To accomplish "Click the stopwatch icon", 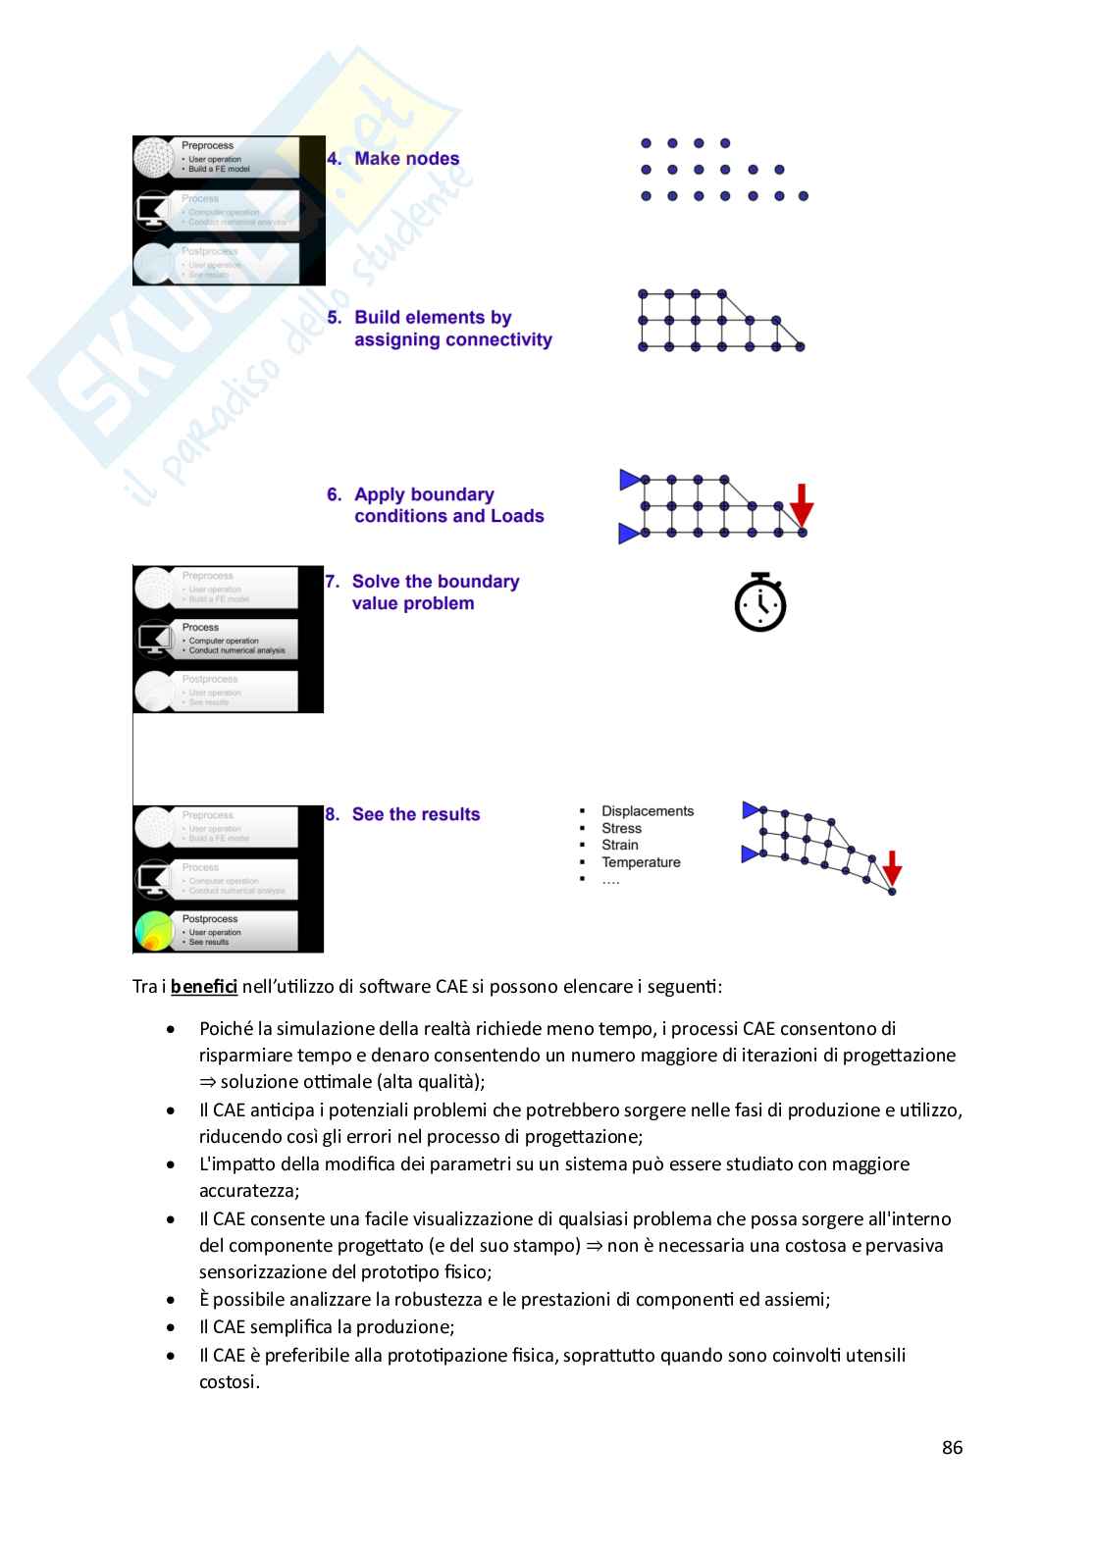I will tap(760, 602).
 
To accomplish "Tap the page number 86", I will tap(952, 1447).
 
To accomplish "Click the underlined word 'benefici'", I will tap(204, 986).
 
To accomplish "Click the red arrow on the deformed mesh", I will tap(892, 868).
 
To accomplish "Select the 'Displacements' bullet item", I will tap(648, 811).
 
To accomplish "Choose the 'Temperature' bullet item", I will tap(641, 862).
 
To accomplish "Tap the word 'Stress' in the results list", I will tap(621, 828).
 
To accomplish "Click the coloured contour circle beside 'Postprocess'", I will tap(154, 931).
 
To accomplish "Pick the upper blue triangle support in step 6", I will tap(629, 480).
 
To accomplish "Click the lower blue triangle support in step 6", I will tap(628, 534).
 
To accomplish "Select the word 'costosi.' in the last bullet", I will tap(230, 1381).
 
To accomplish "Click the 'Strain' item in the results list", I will tap(620, 845).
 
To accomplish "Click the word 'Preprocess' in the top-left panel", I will tap(207, 145).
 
